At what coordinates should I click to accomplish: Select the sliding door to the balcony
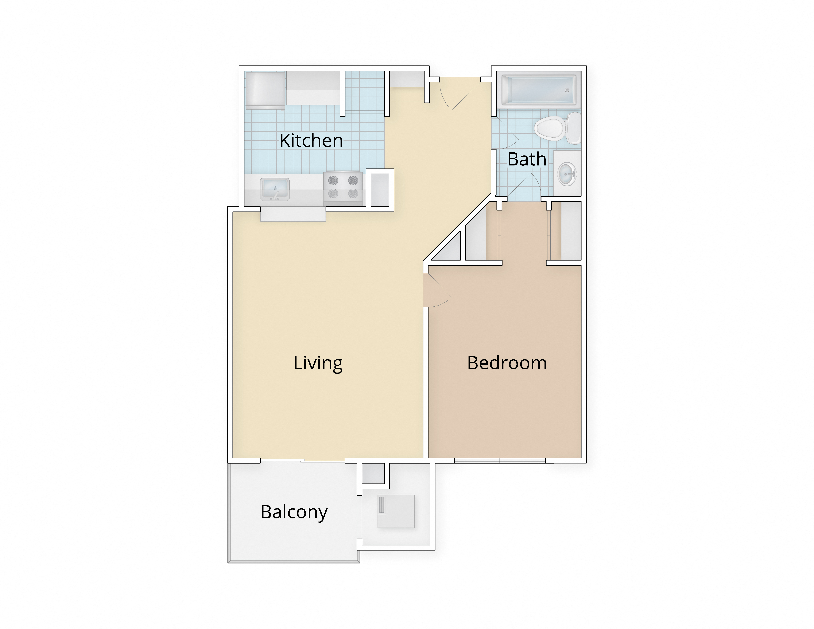[x=302, y=461]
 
